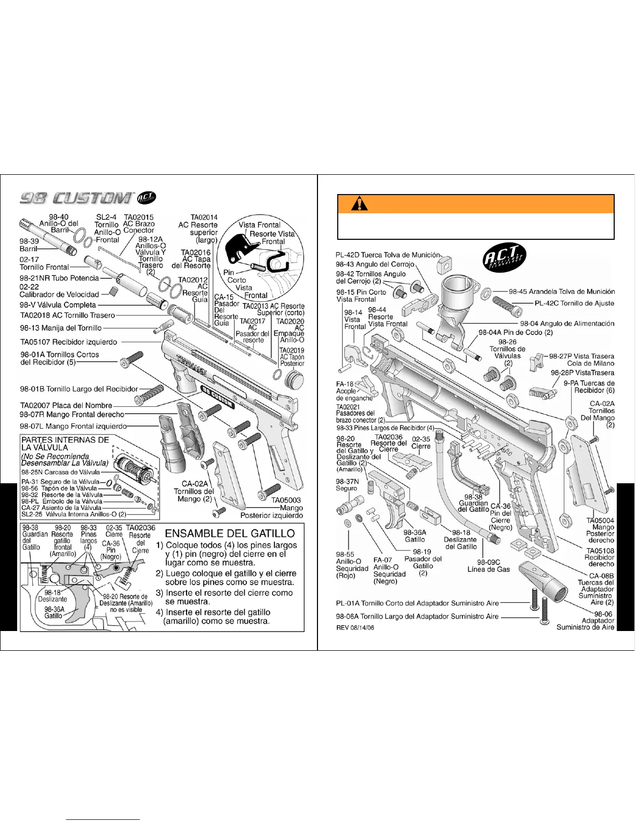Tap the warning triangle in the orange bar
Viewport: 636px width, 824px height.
click(x=359, y=204)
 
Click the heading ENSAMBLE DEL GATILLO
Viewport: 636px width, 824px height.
click(x=230, y=533)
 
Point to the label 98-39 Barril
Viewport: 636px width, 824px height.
click(x=30, y=245)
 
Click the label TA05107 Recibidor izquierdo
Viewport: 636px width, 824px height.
click(x=69, y=342)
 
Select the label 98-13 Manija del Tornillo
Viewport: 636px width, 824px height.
click(x=61, y=328)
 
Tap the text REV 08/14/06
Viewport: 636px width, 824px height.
click(x=355, y=628)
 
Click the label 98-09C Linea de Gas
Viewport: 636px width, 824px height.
click(x=488, y=565)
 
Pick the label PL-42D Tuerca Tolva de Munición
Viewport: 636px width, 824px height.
click(x=388, y=255)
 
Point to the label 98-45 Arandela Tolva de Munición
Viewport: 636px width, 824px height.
click(x=561, y=292)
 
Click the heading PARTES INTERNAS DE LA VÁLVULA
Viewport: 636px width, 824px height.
click(x=65, y=443)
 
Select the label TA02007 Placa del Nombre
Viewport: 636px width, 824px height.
click(x=66, y=405)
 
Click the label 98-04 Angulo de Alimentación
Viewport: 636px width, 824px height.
click(x=567, y=324)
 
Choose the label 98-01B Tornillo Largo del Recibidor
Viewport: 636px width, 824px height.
click(x=79, y=389)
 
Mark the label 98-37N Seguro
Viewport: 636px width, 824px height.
click(x=347, y=485)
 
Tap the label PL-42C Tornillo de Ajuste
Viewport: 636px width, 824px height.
click(x=574, y=303)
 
